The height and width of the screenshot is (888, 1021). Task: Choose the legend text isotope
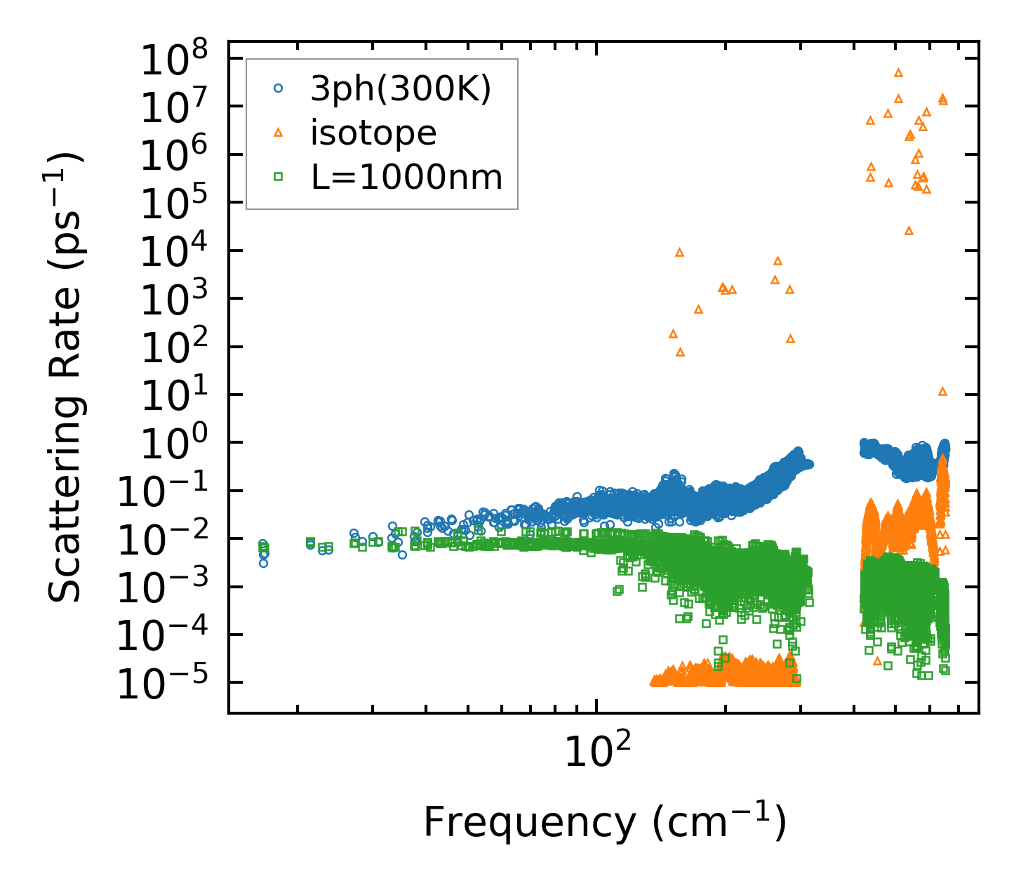pyautogui.click(x=373, y=133)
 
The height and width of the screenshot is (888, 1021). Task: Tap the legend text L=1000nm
pyautogui.click(x=407, y=177)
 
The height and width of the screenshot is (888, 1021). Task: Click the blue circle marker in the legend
pyautogui.click(x=278, y=88)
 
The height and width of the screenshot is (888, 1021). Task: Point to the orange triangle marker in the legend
pyautogui.click(x=278, y=133)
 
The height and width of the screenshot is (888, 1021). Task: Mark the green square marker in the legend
pyautogui.click(x=278, y=177)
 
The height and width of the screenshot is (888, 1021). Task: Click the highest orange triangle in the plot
pyautogui.click(x=898, y=72)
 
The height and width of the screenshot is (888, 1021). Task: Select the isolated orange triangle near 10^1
pyautogui.click(x=942, y=391)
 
